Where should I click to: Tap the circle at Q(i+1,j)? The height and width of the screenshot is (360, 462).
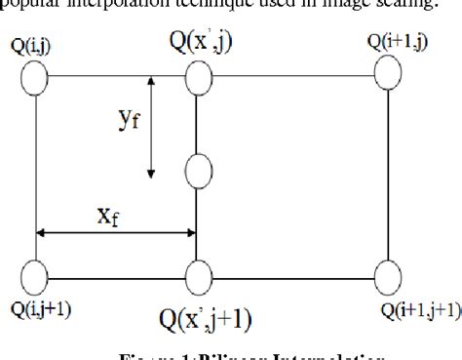pos(388,71)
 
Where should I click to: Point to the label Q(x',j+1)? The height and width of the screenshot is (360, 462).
pos(207,316)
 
